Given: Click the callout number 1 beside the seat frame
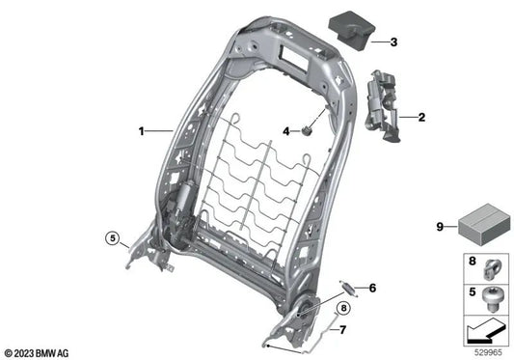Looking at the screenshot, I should tap(142, 129).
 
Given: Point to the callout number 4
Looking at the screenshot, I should tap(286, 130).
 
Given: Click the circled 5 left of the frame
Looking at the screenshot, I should tap(112, 237).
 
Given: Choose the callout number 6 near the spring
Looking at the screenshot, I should tap(372, 287).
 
